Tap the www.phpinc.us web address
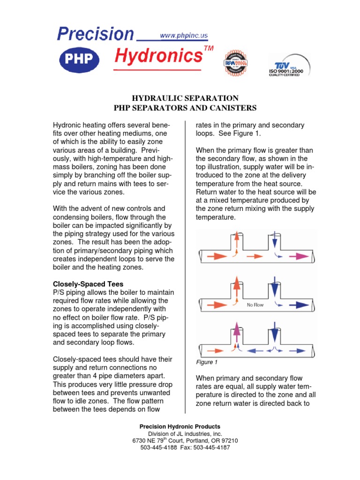tap(184, 35)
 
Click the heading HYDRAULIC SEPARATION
tap(185, 98)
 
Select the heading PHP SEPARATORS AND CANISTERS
tap(185, 108)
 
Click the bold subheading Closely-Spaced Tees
tap(88, 284)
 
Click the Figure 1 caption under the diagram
tap(207, 362)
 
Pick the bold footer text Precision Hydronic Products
tap(180, 427)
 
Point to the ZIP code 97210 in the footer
tap(228, 441)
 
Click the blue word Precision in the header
tap(95, 34)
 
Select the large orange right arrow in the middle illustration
tap(216, 305)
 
